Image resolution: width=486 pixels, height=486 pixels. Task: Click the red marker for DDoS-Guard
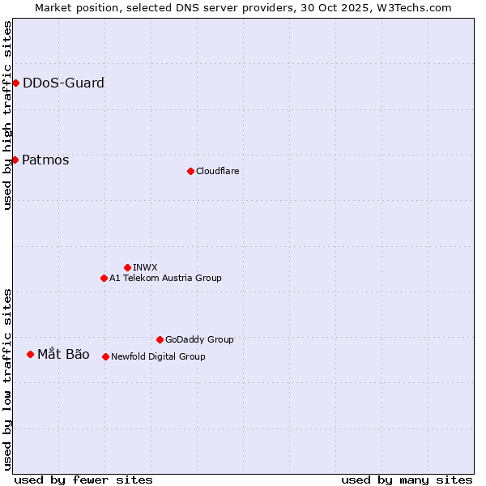[x=15, y=83]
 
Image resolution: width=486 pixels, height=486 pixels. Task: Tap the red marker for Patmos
[x=15, y=160]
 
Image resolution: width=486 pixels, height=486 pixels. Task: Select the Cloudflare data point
[x=190, y=171]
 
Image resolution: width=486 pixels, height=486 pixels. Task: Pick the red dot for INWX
[x=127, y=267]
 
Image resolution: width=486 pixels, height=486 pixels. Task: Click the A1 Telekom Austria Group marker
[x=104, y=278]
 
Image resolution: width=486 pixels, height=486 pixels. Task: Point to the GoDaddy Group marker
[x=160, y=339]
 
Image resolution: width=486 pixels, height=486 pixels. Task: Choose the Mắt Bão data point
[x=30, y=354]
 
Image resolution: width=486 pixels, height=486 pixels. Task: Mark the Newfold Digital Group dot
[x=105, y=356]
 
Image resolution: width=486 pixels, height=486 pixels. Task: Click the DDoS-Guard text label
[x=63, y=83]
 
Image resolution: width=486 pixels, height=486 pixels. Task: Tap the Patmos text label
[x=45, y=160]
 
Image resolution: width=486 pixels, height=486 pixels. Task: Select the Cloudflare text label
[x=218, y=171]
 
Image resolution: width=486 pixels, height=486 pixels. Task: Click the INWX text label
[x=145, y=267]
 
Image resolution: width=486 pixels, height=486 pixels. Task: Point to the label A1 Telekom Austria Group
[x=165, y=278]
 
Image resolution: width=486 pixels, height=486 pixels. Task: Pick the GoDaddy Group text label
[x=199, y=339]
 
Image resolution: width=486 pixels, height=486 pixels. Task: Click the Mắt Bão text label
[x=63, y=354]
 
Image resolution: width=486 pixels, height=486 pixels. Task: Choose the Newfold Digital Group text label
[x=158, y=356]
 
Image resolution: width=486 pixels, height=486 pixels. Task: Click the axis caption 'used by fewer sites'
[x=83, y=480]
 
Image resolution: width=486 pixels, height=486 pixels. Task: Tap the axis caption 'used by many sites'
[x=407, y=480]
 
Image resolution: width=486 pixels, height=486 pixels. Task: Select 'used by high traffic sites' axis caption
[x=7, y=115]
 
